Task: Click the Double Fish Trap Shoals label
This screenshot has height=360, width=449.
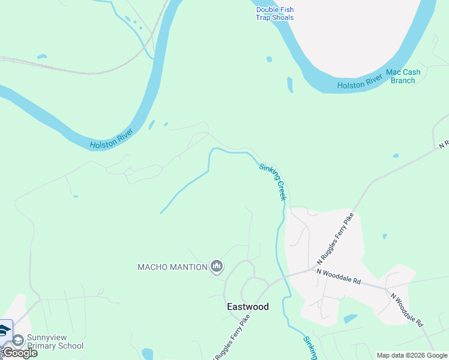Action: pos(275,13)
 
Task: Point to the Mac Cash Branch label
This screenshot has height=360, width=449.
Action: pos(403,76)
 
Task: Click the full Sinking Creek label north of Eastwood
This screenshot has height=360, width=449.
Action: pos(273,182)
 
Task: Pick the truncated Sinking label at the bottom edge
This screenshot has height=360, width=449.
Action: pos(310,348)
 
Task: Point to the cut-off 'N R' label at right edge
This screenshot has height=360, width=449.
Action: pos(444,145)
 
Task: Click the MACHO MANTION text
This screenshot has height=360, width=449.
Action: pos(172,267)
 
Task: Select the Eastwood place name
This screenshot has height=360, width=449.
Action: pos(248,307)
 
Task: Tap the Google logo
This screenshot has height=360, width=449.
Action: pos(20,353)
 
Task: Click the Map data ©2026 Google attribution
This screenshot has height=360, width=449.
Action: pos(412,355)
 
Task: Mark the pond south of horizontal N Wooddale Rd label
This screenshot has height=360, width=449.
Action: pos(350,319)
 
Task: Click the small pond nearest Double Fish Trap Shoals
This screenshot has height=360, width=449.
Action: pos(269,59)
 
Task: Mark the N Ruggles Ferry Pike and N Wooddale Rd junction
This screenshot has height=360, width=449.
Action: pos(316,270)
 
